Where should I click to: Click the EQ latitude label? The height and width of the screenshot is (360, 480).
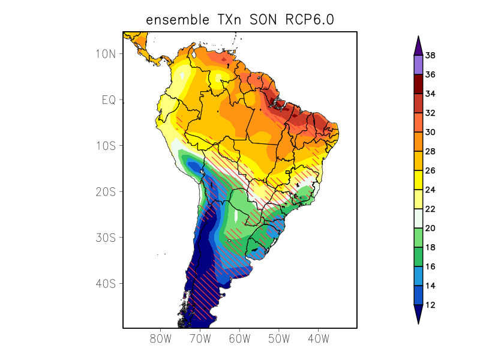(x=108, y=100)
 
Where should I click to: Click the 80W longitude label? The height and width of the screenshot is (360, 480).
(x=161, y=339)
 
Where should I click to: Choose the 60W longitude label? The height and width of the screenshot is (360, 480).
(x=239, y=339)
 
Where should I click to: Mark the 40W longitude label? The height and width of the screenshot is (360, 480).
(x=318, y=339)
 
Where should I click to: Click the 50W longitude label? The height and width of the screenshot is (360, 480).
(x=279, y=339)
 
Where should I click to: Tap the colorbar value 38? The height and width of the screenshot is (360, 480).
(x=430, y=56)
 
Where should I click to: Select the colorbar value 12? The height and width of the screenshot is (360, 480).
(x=430, y=305)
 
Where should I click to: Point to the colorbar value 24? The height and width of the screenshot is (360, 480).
(x=430, y=190)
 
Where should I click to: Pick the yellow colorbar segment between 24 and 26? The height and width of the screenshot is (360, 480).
(x=418, y=180)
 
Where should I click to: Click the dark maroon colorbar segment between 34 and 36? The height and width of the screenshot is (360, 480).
(x=418, y=84)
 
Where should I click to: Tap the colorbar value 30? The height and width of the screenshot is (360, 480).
(x=430, y=132)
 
